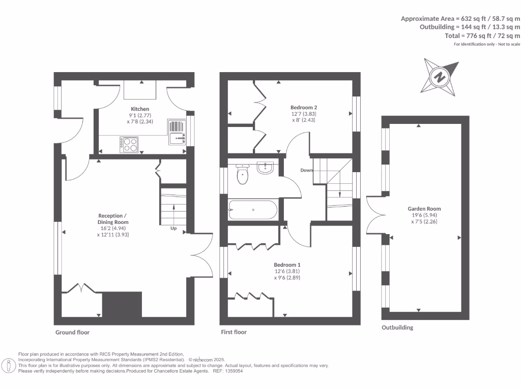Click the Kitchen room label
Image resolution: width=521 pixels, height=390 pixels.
pos(140,109)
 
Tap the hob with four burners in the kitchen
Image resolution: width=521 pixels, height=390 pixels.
pos(129,144)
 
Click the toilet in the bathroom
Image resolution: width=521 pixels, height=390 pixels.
pos(243,175)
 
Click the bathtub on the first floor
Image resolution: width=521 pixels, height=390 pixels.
pos(253,210)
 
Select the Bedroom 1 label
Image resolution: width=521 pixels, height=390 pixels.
pos(287,265)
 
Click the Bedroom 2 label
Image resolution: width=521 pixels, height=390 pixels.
pos(304,108)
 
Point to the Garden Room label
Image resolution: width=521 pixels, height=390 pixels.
pos(424,209)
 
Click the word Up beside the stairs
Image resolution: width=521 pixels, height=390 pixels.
pos(173,228)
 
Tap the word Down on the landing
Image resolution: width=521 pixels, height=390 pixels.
pos(306,170)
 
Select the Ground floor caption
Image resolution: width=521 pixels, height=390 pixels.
pos(72,333)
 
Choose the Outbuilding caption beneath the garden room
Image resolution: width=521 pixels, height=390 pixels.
pos(397,328)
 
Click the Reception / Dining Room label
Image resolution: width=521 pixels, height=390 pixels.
pos(113,219)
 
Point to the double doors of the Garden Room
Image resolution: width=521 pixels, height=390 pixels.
pos(374,215)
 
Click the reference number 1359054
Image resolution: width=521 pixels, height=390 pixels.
pos(232,371)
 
